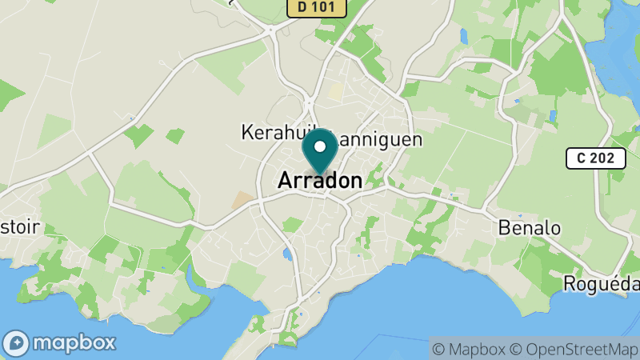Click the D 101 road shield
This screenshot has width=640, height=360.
316,7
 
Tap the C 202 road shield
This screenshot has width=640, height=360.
595,158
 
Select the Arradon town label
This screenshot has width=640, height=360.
320,182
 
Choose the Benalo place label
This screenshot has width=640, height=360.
529,227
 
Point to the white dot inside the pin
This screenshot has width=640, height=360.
320,146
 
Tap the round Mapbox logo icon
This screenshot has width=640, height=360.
17,343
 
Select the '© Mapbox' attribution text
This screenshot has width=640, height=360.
469,349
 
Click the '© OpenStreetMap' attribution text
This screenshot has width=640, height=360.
573,349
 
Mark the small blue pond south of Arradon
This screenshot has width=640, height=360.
286,255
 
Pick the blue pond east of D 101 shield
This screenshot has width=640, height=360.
463,35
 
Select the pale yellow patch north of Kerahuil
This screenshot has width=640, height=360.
335,91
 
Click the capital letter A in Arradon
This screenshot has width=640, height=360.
285,182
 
